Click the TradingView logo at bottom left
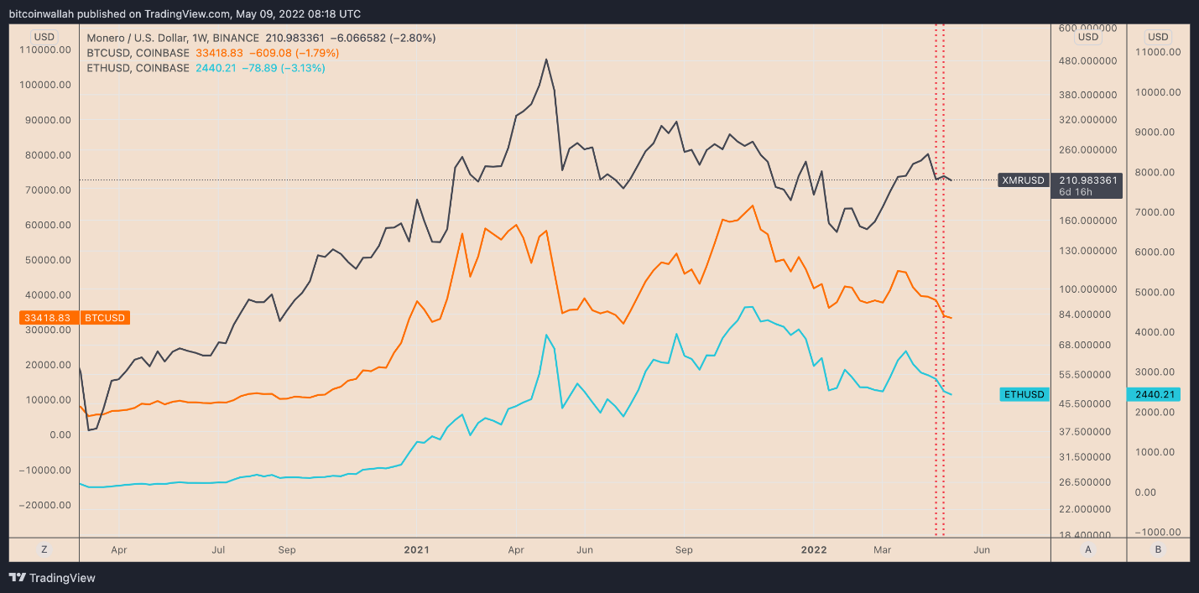point(52,578)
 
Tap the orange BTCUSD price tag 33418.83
point(49,318)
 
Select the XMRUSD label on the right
point(1024,180)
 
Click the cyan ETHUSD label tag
point(1024,394)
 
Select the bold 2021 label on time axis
point(416,550)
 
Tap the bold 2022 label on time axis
point(814,550)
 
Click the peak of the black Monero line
point(546,60)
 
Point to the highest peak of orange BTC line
point(752,205)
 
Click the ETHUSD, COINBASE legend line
point(206,68)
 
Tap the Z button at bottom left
point(44,549)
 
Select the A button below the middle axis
point(1088,549)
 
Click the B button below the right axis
point(1158,549)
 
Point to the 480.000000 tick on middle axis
point(1087,61)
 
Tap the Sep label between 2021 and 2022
point(684,550)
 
